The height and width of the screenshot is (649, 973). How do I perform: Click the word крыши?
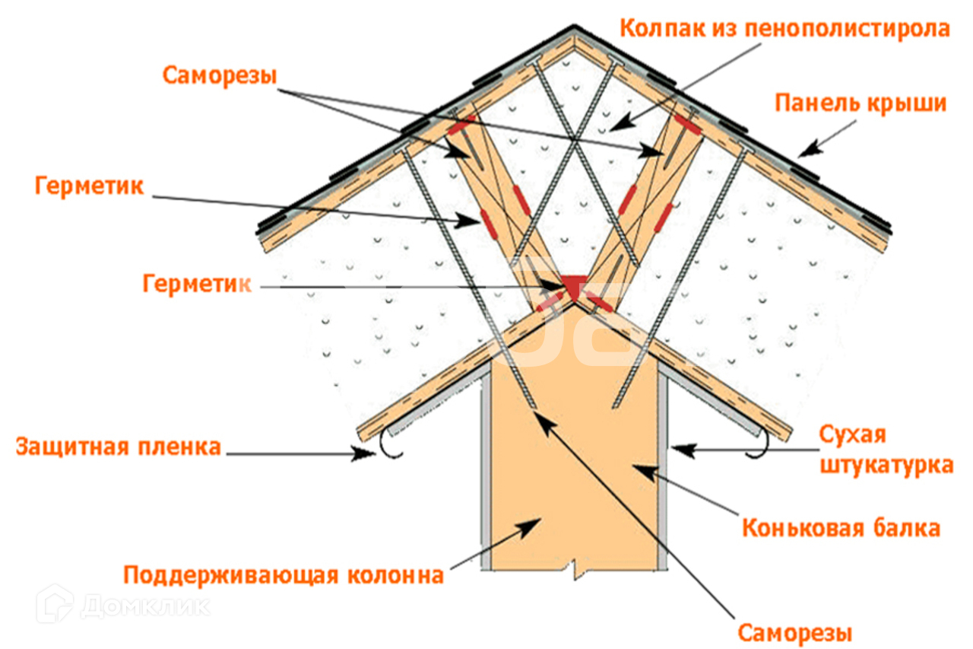910,103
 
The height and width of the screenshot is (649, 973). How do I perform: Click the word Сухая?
853,435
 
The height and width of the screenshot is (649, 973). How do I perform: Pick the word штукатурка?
886,464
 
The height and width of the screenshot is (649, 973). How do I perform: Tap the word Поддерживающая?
230,574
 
